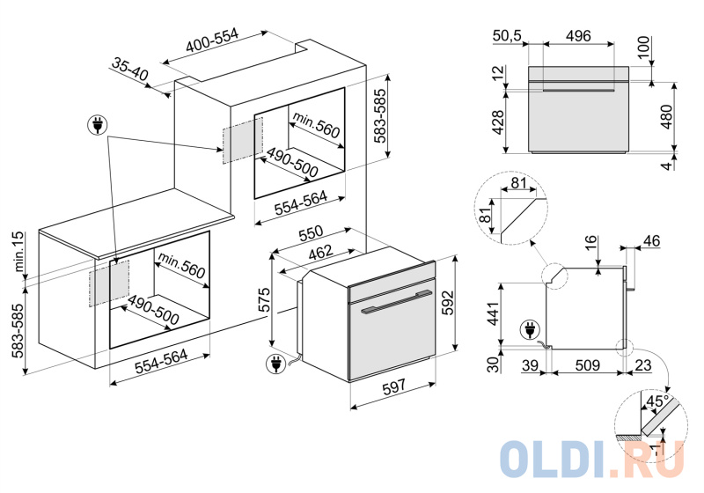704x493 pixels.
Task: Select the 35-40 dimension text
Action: click(130, 70)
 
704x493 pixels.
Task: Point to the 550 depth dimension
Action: click(312, 236)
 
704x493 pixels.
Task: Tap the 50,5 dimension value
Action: click(509, 35)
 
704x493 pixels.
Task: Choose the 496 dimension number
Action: click(577, 35)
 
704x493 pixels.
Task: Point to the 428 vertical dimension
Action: click(499, 120)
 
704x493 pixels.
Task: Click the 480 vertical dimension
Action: click(667, 117)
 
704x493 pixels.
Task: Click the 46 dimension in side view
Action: click(651, 239)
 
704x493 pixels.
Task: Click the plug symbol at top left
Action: click(96, 125)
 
